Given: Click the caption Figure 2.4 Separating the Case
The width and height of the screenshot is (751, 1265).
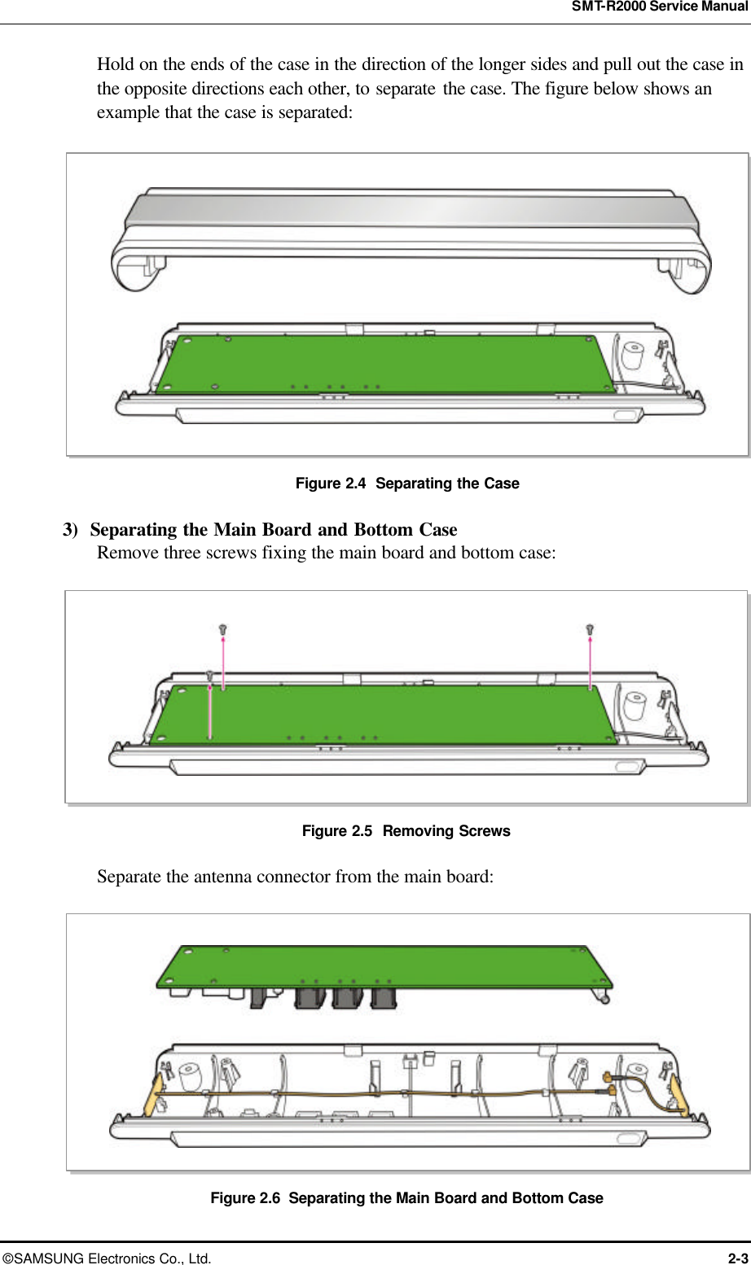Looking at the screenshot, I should click(x=406, y=484).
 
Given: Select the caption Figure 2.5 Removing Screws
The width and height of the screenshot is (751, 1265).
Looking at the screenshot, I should click(x=406, y=831).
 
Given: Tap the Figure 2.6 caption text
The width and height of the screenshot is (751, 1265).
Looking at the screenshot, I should click(x=406, y=1198).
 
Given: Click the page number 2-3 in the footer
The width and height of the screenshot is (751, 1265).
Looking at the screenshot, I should click(x=737, y=1258).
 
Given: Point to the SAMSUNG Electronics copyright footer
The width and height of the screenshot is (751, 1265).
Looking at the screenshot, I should click(x=106, y=1258).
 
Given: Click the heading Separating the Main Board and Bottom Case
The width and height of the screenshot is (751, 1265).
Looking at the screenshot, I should click(x=274, y=530).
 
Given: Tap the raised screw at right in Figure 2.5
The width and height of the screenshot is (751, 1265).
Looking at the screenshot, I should click(x=591, y=629).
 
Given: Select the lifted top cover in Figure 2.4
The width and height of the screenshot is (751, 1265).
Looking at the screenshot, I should click(x=411, y=232).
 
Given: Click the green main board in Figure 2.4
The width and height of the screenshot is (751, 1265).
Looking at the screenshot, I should click(x=383, y=364).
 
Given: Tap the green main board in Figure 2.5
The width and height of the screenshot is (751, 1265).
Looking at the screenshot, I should click(x=383, y=714).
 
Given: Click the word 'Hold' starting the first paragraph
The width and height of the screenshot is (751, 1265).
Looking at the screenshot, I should click(x=116, y=64).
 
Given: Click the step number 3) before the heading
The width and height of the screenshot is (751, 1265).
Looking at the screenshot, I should click(x=71, y=530).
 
